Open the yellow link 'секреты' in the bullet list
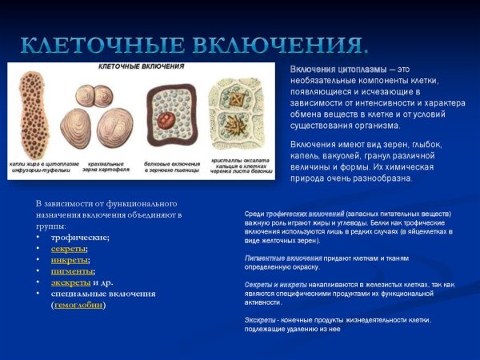[70, 249]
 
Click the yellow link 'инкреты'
[70, 260]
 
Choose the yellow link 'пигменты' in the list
[72, 271]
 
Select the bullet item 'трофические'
[80, 238]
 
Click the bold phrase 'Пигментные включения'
[283, 258]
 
